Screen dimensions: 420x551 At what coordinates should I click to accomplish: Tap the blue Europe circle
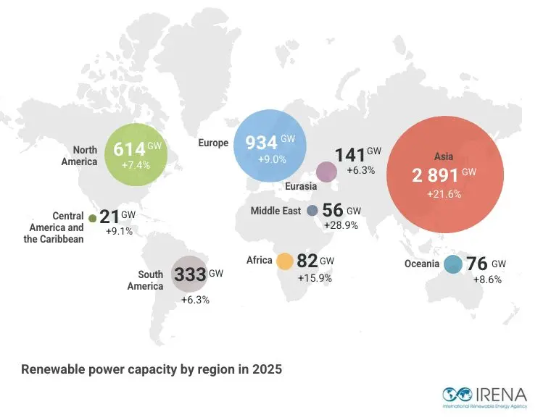click(x=270, y=143)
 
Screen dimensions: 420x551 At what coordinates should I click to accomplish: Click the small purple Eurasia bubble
click(x=327, y=171)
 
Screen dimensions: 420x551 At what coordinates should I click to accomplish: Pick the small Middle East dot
click(x=312, y=211)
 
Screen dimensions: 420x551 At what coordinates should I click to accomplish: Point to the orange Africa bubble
click(x=284, y=261)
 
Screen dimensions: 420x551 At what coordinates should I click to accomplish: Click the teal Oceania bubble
click(x=453, y=264)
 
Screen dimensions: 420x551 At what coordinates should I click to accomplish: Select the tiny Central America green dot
click(x=93, y=217)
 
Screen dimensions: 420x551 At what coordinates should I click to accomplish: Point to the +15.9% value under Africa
click(x=315, y=277)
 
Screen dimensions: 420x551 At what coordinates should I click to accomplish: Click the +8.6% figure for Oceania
click(x=487, y=279)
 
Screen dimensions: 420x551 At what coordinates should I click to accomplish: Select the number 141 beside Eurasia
click(x=349, y=155)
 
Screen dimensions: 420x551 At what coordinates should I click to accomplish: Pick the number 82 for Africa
click(x=307, y=261)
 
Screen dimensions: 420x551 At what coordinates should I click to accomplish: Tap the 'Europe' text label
click(x=213, y=143)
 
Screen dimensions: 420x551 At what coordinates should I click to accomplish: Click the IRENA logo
click(x=484, y=396)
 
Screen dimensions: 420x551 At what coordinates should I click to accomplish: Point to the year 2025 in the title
click(x=265, y=369)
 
